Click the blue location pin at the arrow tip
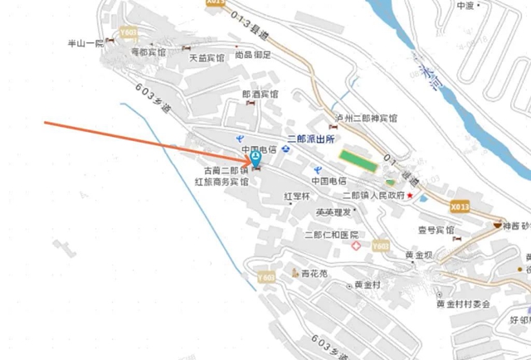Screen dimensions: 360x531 click(255, 155)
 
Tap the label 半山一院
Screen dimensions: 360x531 click(86, 42)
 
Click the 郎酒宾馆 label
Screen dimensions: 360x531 click(261, 95)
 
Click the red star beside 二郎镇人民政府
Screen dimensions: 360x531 click(410, 195)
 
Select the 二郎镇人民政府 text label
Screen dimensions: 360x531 click(373, 195)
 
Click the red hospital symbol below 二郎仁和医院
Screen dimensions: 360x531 click(356, 246)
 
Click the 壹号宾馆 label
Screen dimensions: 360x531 click(435, 230)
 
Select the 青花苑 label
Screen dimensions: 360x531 click(314, 272)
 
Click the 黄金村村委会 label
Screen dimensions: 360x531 click(469, 303)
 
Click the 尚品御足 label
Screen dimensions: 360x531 click(253, 55)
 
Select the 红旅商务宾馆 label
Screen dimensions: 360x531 click(222, 181)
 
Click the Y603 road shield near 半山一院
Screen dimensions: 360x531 click(128, 32)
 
